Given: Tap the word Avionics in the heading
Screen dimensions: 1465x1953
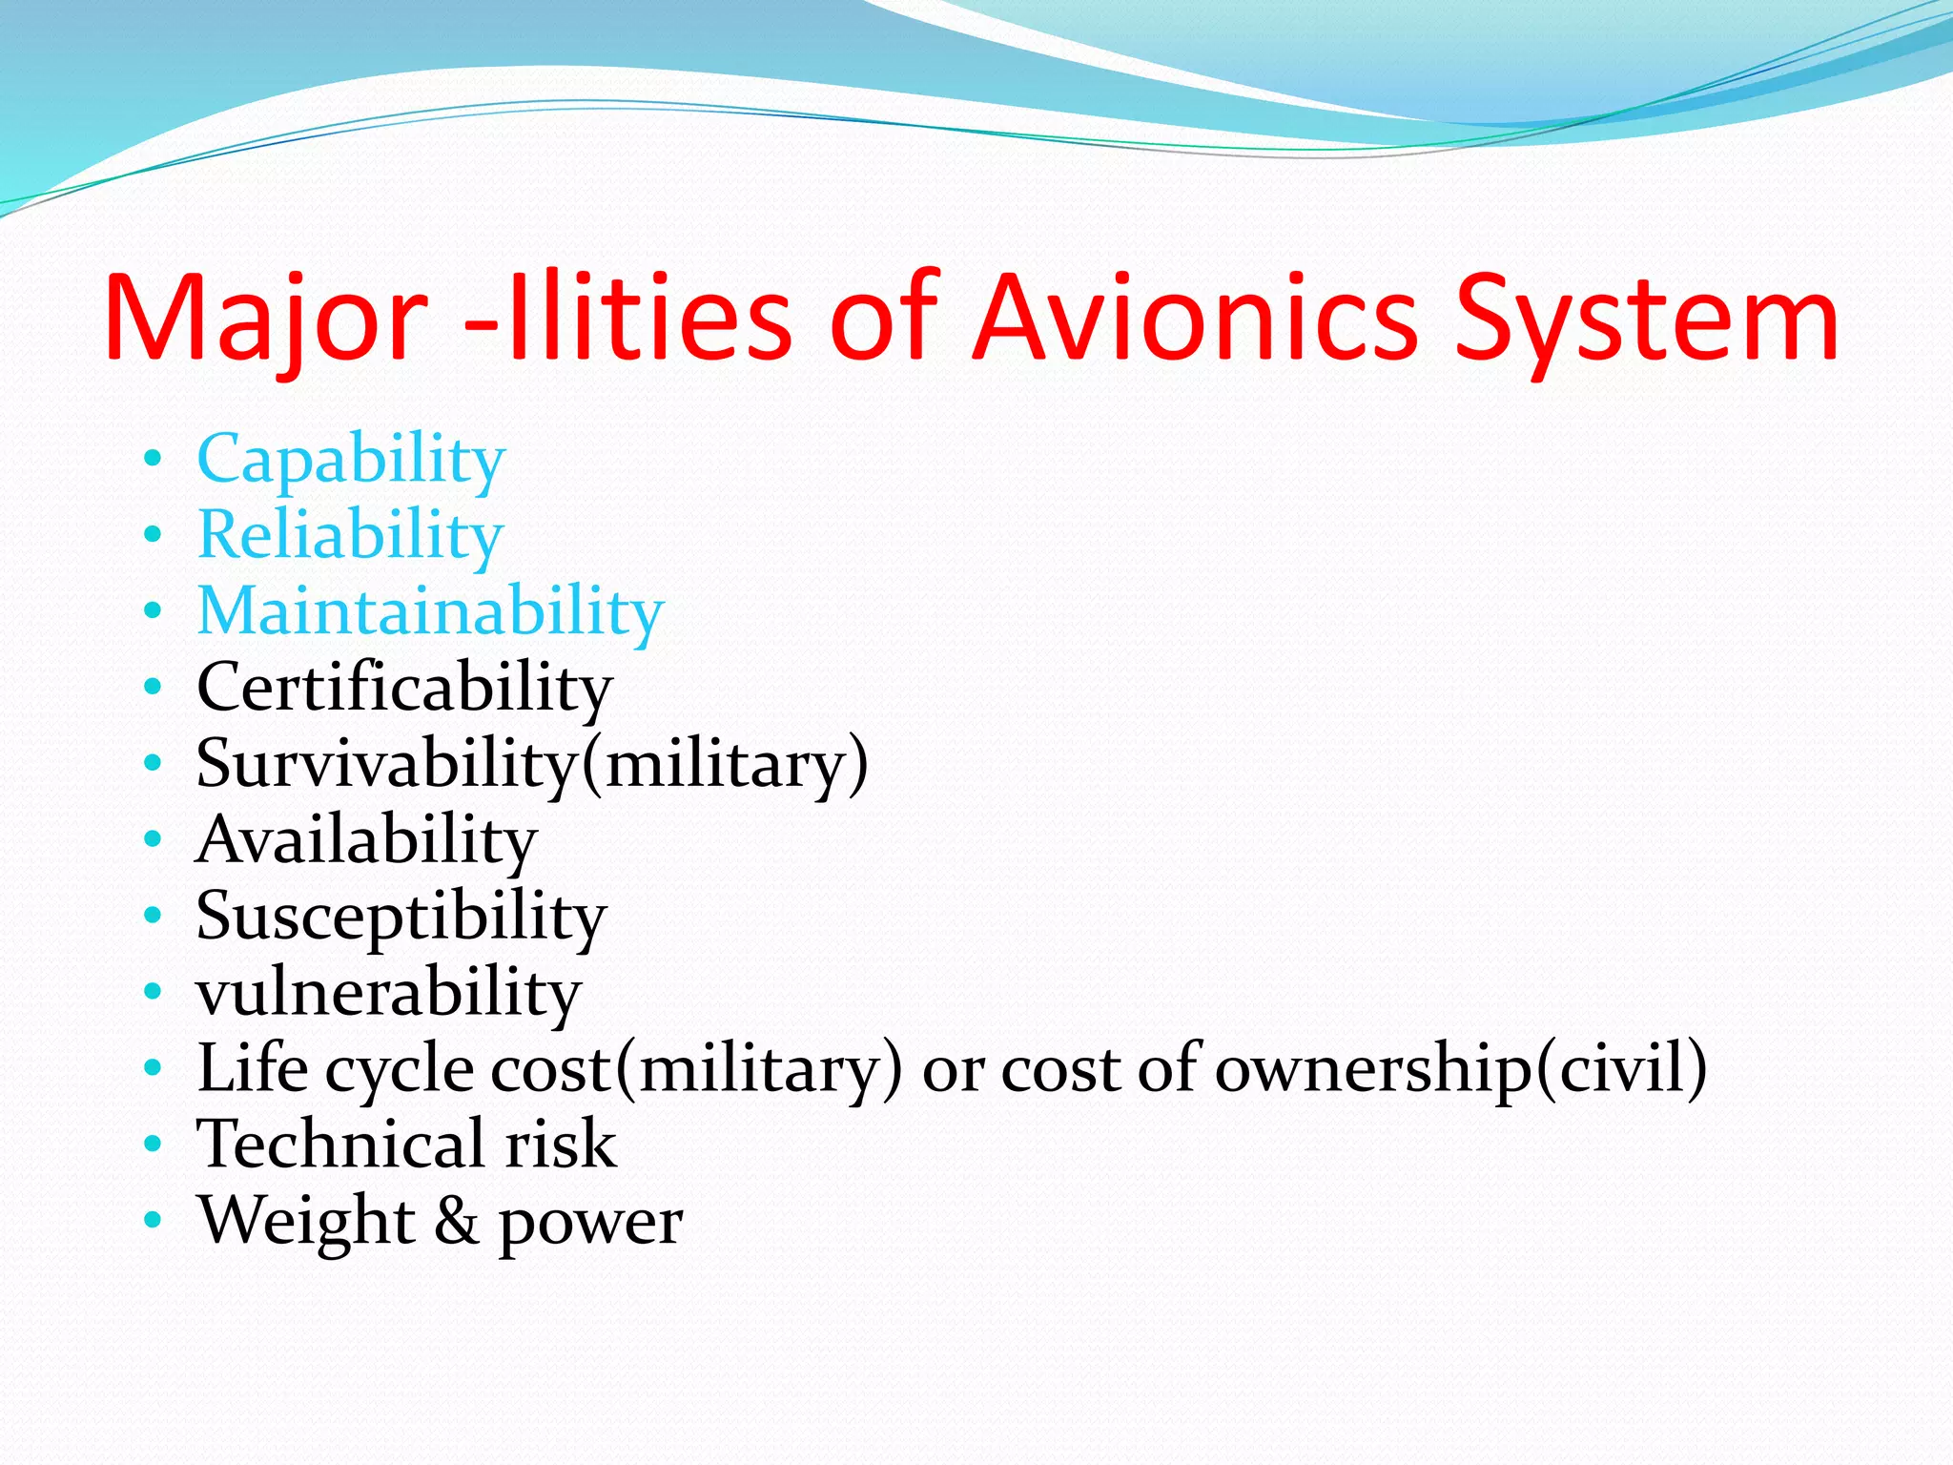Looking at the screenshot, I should (1196, 320).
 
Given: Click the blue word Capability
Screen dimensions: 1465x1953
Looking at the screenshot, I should (350, 461).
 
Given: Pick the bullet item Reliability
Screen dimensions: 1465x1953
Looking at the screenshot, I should (350, 535).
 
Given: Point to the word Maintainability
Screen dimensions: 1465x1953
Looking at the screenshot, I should (430, 611).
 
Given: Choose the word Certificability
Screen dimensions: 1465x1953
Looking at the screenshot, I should (404, 688).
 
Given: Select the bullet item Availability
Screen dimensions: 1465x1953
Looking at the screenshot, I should (366, 840).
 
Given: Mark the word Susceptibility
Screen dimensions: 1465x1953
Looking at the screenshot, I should (401, 917).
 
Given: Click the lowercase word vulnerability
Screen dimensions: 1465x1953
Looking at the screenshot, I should (388, 993).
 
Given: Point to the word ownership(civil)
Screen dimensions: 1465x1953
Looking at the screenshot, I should (1460, 1069).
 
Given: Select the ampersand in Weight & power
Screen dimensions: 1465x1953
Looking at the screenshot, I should (457, 1222).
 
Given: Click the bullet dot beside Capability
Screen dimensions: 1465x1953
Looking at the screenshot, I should (153, 459).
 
